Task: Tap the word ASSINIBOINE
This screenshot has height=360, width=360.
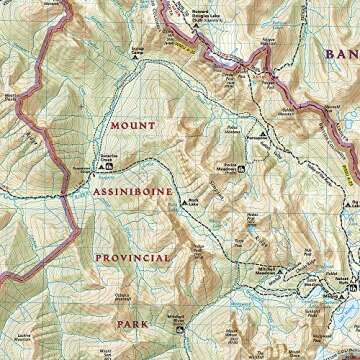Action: (133, 190)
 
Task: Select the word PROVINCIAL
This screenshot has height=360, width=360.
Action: (133, 257)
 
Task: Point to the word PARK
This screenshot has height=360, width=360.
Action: (133, 324)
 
